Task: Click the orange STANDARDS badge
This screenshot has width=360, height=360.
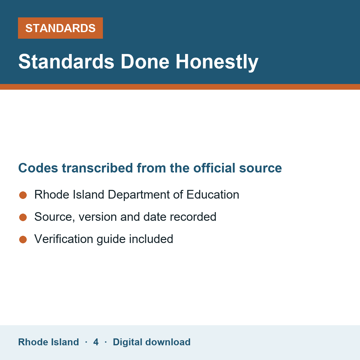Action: pyautogui.click(x=60, y=28)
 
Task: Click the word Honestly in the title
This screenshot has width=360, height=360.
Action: pyautogui.click(x=217, y=62)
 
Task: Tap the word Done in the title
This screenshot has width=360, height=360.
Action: pyautogui.click(x=145, y=62)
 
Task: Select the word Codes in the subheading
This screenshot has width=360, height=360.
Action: pyautogui.click(x=38, y=168)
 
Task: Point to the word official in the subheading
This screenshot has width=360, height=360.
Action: pyautogui.click(x=214, y=168)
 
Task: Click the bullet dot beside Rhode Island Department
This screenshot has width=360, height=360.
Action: pyautogui.click(x=23, y=195)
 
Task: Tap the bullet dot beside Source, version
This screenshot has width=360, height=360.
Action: pyautogui.click(x=23, y=217)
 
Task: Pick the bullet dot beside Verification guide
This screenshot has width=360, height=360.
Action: pyautogui.click(x=23, y=240)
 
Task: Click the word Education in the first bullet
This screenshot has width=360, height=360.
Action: pyautogui.click(x=213, y=195)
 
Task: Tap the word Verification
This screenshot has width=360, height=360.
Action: pyautogui.click(x=64, y=239)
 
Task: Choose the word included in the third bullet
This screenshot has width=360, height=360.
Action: pyautogui.click(x=151, y=239)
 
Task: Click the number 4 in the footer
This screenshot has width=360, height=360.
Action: pyautogui.click(x=96, y=342)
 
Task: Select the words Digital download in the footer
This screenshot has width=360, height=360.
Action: pyautogui.click(x=152, y=342)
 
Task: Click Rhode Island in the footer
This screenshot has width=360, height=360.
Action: pyautogui.click(x=48, y=342)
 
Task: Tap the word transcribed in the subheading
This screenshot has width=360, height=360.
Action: pyautogui.click(x=97, y=168)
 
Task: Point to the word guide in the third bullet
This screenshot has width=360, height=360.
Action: pyautogui.click(x=111, y=239)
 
